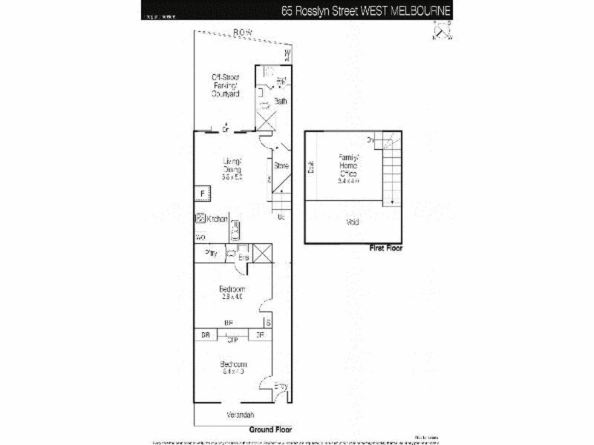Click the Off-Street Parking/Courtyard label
click(x=225, y=85)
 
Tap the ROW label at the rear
click(x=241, y=32)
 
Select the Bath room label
click(x=281, y=101)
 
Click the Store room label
click(x=281, y=165)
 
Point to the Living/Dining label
click(x=233, y=168)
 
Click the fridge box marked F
click(x=200, y=194)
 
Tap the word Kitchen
click(x=217, y=219)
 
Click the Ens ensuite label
click(x=243, y=257)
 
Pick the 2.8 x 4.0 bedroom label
click(x=232, y=292)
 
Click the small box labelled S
click(x=268, y=323)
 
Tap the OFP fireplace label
click(x=232, y=340)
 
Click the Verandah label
click(x=241, y=415)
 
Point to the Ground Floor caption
click(x=270, y=429)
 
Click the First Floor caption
click(x=385, y=248)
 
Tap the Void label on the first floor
click(x=353, y=222)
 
